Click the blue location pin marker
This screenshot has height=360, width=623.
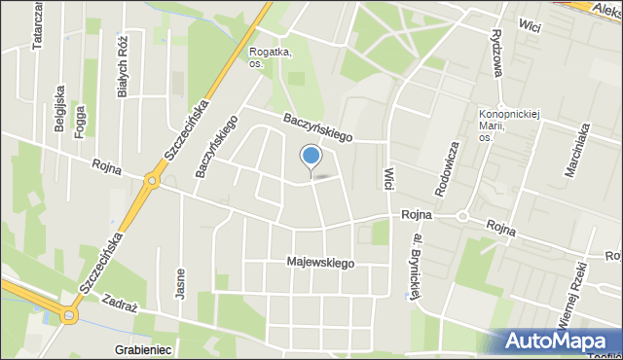pyautogui.click(x=311, y=157)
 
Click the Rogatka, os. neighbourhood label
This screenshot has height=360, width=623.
pyautogui.click(x=270, y=58)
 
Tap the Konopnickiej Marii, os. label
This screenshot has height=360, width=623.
pyautogui.click(x=502, y=125)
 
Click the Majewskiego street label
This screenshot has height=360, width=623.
pyautogui.click(x=321, y=263)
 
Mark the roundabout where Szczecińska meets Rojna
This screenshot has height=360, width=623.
pyautogui.click(x=152, y=181)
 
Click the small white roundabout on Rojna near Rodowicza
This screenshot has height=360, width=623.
pyautogui.click(x=462, y=216)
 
